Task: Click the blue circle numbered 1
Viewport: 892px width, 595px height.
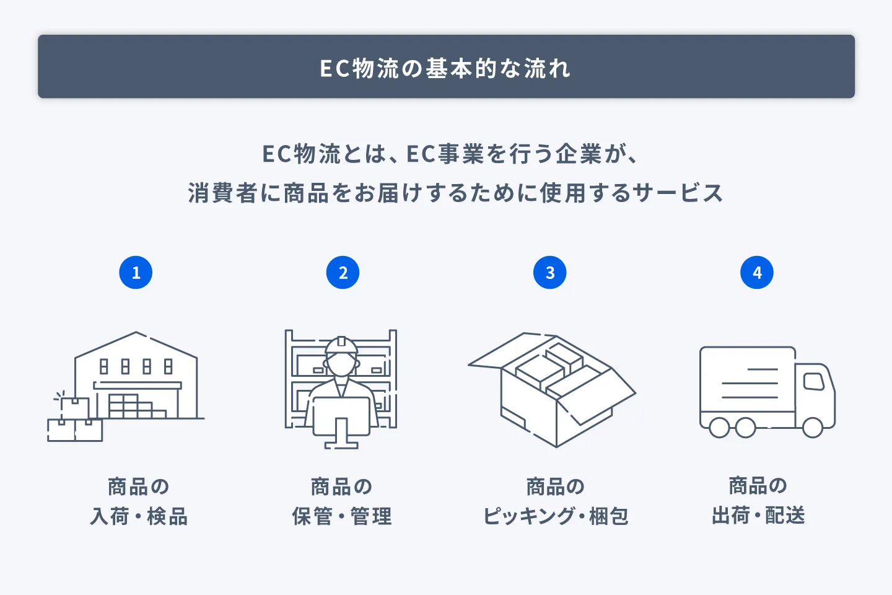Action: tap(136, 273)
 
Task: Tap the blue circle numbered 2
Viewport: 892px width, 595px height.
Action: tap(343, 273)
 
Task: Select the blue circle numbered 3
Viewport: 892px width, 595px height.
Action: tap(549, 273)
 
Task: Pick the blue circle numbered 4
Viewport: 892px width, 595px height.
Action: tap(756, 273)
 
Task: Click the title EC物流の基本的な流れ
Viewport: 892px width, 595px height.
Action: tap(445, 68)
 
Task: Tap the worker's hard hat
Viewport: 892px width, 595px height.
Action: tap(341, 345)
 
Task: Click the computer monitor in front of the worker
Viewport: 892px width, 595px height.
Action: tap(341, 416)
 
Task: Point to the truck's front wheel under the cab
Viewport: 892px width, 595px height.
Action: tap(812, 427)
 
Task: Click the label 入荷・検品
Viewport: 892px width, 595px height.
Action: tap(139, 516)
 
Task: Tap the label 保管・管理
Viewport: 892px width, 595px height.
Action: tap(341, 516)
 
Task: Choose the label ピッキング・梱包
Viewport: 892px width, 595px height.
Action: tap(556, 516)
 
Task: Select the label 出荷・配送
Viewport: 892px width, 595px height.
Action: tap(758, 515)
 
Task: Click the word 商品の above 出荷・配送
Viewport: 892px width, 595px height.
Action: tap(758, 485)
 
